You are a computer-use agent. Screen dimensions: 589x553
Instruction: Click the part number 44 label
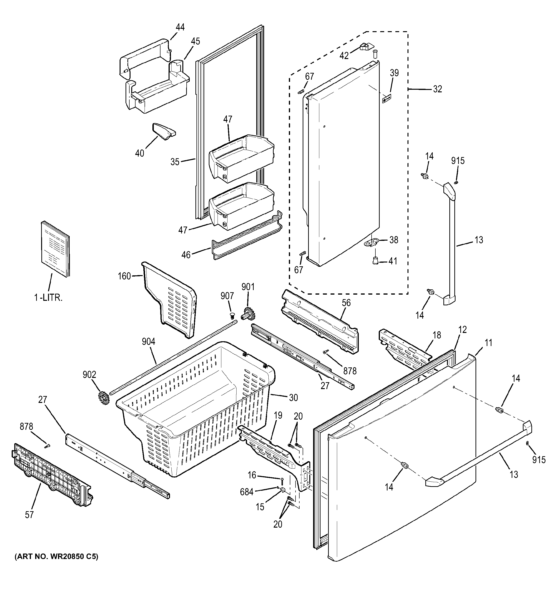pyautogui.click(x=180, y=27)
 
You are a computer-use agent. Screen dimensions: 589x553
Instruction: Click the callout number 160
pyautogui.click(x=124, y=276)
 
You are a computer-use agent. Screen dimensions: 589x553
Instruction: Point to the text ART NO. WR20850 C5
pyautogui.click(x=56, y=557)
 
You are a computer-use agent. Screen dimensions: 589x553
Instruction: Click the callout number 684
pyautogui.click(x=247, y=492)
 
